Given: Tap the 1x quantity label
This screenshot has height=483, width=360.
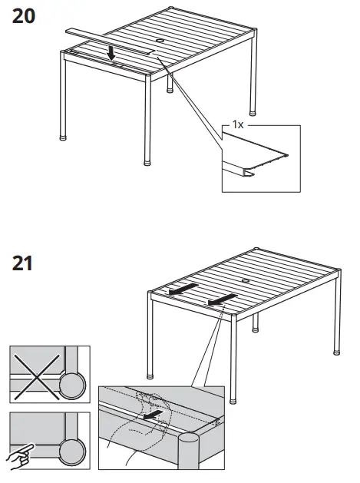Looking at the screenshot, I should [x=238, y=124].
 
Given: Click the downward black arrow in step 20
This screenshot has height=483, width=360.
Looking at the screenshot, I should [x=113, y=52].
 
